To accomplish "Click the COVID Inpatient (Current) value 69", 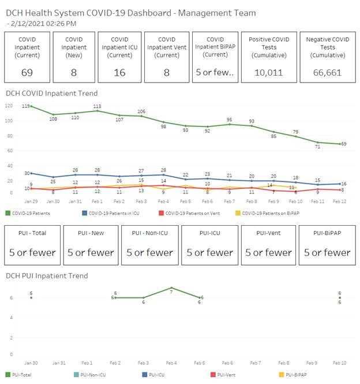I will [x=26, y=72].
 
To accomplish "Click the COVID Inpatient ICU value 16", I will [x=119, y=72].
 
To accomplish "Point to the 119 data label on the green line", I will [x=26, y=106].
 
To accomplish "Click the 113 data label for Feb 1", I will [x=97, y=106].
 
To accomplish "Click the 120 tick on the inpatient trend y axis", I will [x=8, y=106].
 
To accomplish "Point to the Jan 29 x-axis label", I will [x=31, y=201].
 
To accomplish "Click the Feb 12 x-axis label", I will [x=340, y=201].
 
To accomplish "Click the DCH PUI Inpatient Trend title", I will [x=47, y=276].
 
